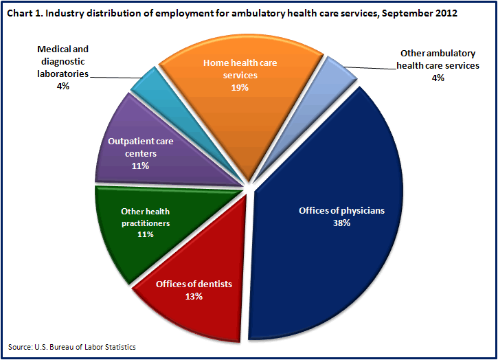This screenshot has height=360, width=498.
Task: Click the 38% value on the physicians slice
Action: pyautogui.click(x=341, y=223)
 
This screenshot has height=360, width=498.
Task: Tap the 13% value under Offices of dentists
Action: pyautogui.click(x=194, y=297)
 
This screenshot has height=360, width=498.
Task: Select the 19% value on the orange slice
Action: pyautogui.click(x=240, y=87)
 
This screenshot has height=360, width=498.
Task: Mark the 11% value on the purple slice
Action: pyautogui.click(x=141, y=166)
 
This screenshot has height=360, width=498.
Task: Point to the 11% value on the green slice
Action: pyautogui.click(x=145, y=234)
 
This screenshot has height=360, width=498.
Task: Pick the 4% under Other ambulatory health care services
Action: pyautogui.click(x=438, y=78)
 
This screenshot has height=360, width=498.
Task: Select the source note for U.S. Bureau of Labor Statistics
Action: pyautogui.click(x=72, y=347)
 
